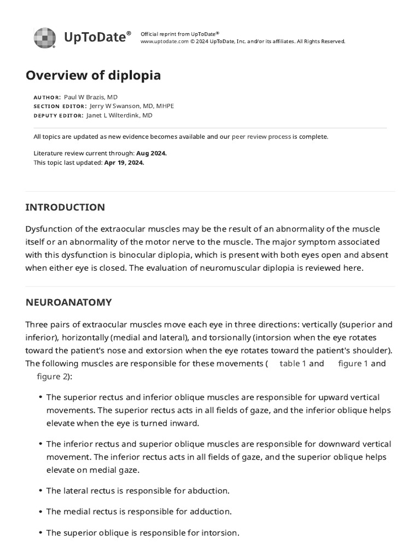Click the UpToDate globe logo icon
click(44, 38)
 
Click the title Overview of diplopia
click(93, 75)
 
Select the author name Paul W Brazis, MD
click(91, 97)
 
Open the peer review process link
click(261, 136)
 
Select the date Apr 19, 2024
click(124, 163)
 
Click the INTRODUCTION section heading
click(65, 207)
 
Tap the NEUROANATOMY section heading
click(68, 302)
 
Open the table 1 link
click(293, 364)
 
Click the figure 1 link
click(353, 364)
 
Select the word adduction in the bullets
click(209, 512)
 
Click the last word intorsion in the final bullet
click(219, 533)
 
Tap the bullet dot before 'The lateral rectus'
click(40, 491)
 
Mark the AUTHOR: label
click(47, 97)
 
